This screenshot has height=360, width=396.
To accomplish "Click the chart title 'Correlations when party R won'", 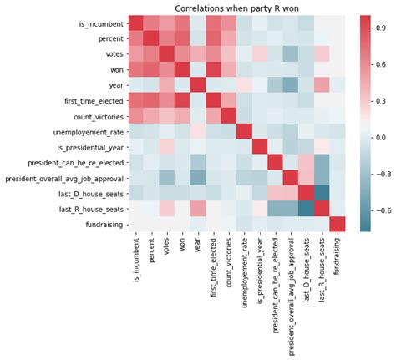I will pyautogui.click(x=236, y=8).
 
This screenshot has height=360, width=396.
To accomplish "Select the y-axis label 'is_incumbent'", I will pyautogui.click(x=98, y=23).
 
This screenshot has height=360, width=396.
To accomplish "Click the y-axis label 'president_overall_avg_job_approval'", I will pyautogui.click(x=63, y=177).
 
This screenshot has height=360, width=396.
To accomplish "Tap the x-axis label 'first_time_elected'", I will pyautogui.click(x=212, y=266).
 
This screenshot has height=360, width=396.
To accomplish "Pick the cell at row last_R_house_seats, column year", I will pyautogui.click(x=197, y=208).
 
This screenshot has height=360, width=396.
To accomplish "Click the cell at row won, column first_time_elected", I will pyautogui.click(x=212, y=69).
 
